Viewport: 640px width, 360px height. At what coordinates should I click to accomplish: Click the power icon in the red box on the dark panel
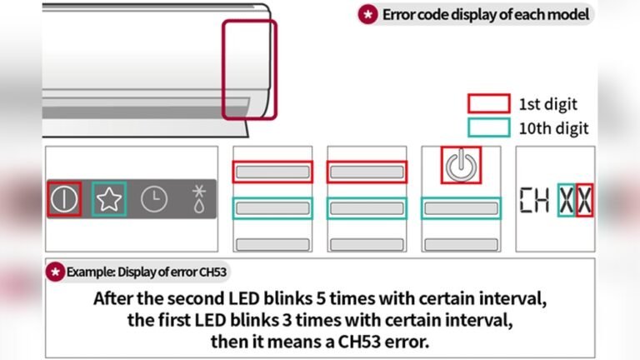[x=64, y=199]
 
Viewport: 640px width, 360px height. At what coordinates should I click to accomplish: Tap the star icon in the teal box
[x=108, y=199]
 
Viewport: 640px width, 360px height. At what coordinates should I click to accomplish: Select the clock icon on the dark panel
[x=153, y=199]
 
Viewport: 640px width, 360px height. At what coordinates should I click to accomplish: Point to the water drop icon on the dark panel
[x=199, y=199]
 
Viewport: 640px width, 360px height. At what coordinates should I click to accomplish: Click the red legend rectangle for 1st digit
[x=488, y=103]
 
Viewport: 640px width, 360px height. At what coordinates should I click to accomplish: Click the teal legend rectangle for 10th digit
[x=488, y=127]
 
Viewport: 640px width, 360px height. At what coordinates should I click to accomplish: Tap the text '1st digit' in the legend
[x=547, y=104]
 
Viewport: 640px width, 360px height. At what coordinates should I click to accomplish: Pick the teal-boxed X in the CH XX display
[x=567, y=199]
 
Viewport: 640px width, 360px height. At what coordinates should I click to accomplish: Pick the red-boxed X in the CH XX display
[x=585, y=199]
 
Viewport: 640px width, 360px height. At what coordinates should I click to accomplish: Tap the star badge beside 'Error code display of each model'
[x=367, y=14]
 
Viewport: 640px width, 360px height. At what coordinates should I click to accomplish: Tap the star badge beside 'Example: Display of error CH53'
[x=55, y=271]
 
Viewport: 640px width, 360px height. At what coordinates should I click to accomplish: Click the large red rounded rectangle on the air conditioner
[x=249, y=70]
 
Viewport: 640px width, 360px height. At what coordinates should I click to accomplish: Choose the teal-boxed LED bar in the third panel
[x=367, y=208]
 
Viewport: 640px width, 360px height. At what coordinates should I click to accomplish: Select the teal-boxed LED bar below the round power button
[x=461, y=208]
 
